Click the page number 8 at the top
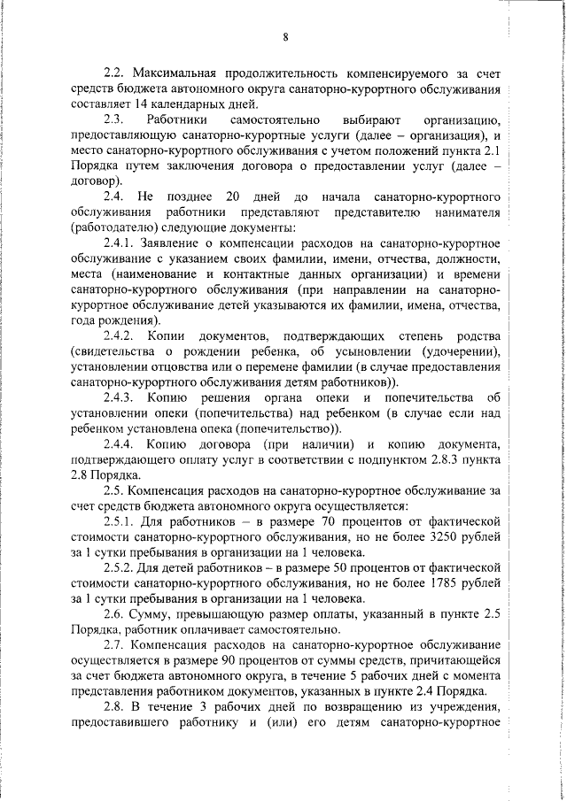click(286, 36)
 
